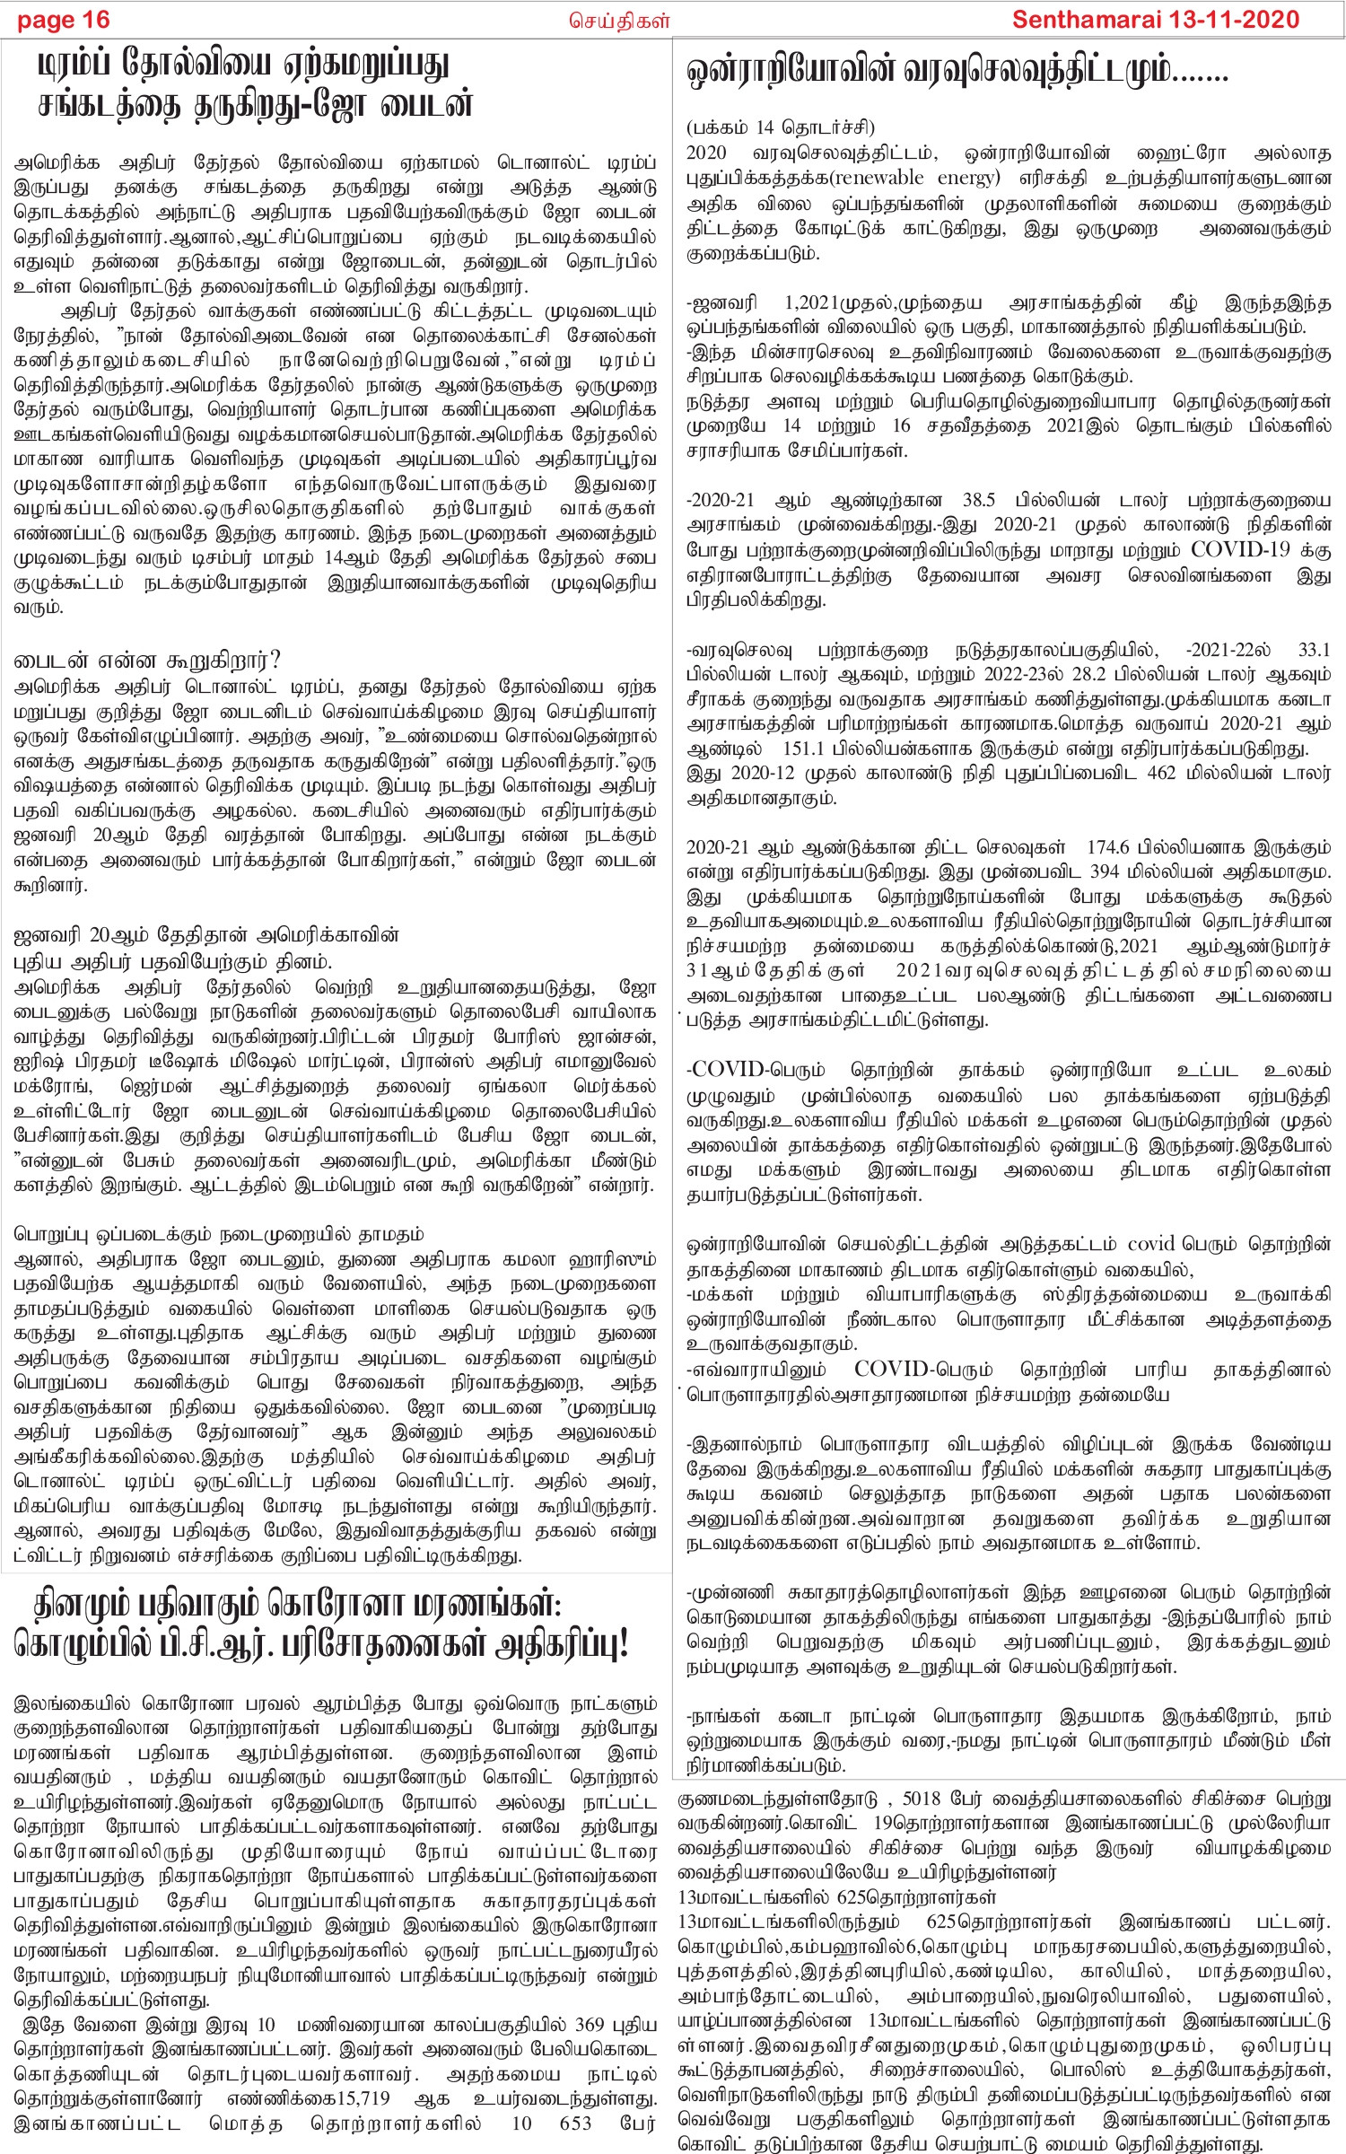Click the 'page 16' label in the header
(63, 20)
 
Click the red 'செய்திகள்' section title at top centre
(619, 20)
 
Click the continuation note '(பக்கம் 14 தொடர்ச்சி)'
(780, 127)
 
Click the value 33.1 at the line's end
(1314, 650)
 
